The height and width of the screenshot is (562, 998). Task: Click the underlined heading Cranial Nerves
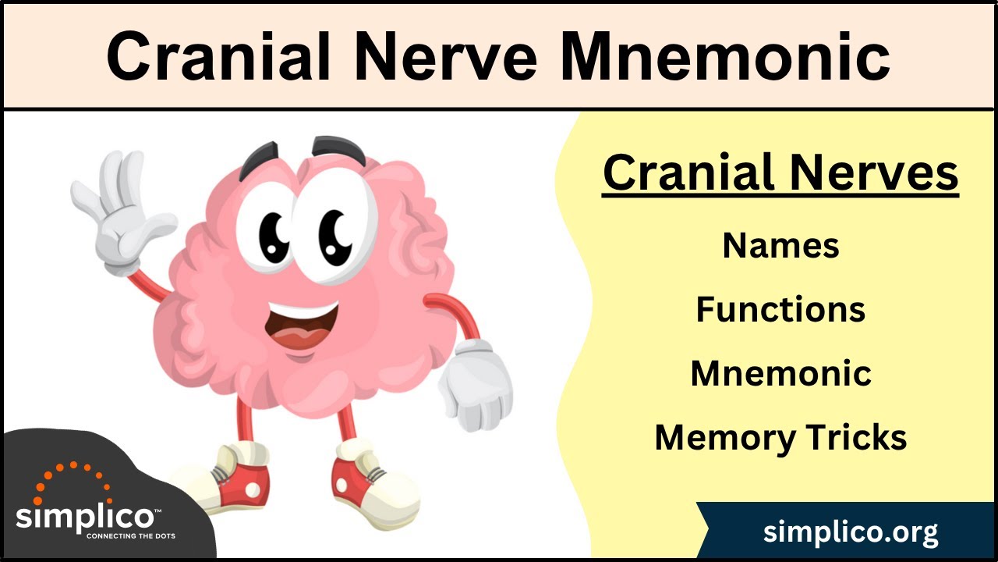[x=780, y=173]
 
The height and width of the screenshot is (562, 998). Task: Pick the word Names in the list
[x=780, y=246]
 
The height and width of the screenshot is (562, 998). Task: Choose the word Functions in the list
[x=780, y=310]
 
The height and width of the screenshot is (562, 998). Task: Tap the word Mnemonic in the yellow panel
[x=780, y=373]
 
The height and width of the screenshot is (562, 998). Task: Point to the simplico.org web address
[x=851, y=532]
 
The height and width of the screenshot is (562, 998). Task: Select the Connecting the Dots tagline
[x=130, y=536]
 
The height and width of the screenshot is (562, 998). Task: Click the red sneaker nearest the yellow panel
[x=366, y=476]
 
